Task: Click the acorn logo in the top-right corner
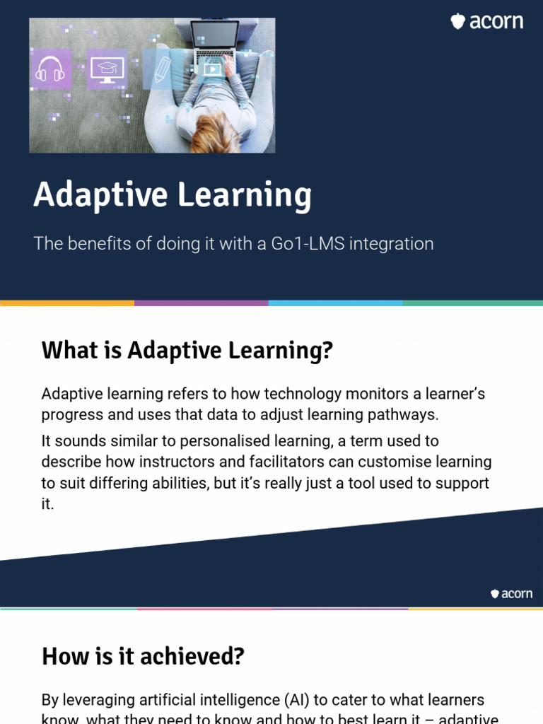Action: click(x=487, y=22)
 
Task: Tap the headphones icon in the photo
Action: click(x=50, y=70)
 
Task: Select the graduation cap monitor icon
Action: click(x=107, y=69)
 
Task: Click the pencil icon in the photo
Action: click(x=162, y=69)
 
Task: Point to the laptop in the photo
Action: click(x=214, y=43)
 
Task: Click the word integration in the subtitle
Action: click(x=392, y=245)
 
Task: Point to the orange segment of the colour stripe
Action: click(x=67, y=303)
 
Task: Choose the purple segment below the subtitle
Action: click(x=201, y=303)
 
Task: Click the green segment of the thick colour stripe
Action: click(x=472, y=303)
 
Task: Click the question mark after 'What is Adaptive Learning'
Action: click(x=327, y=350)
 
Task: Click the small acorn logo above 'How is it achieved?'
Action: click(x=511, y=594)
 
